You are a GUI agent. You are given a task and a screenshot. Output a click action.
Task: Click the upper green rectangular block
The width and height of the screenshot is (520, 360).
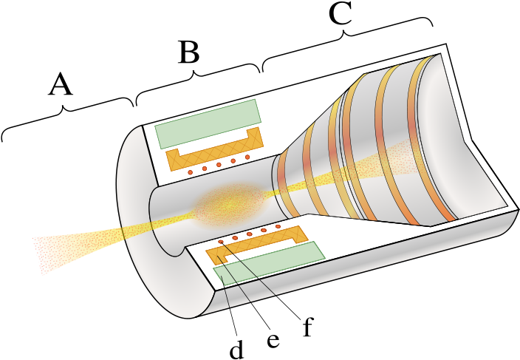pyautogui.click(x=208, y=123)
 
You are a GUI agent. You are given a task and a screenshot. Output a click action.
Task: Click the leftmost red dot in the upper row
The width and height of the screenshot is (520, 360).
pyautogui.click(x=190, y=172)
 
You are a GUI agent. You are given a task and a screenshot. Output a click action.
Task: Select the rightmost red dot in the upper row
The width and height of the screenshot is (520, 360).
pyautogui.click(x=247, y=157)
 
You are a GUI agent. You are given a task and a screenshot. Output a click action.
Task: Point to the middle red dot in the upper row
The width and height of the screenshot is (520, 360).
pyautogui.click(x=219, y=164)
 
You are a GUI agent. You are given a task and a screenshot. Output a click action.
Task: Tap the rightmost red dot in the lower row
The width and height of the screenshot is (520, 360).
pyautogui.click(x=278, y=226)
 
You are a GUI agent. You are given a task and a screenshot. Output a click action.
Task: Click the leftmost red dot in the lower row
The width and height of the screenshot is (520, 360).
pyautogui.click(x=220, y=242)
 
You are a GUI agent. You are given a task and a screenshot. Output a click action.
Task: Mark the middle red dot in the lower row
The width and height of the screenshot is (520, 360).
pyautogui.click(x=249, y=234)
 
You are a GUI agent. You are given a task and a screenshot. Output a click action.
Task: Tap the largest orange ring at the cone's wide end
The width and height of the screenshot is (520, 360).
pyautogui.click(x=428, y=140)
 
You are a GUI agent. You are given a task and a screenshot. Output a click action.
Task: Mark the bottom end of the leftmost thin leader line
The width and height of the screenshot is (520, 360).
pyautogui.click(x=230, y=307)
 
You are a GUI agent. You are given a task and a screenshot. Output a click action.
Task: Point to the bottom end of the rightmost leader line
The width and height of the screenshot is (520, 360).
pyautogui.click(x=276, y=296)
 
